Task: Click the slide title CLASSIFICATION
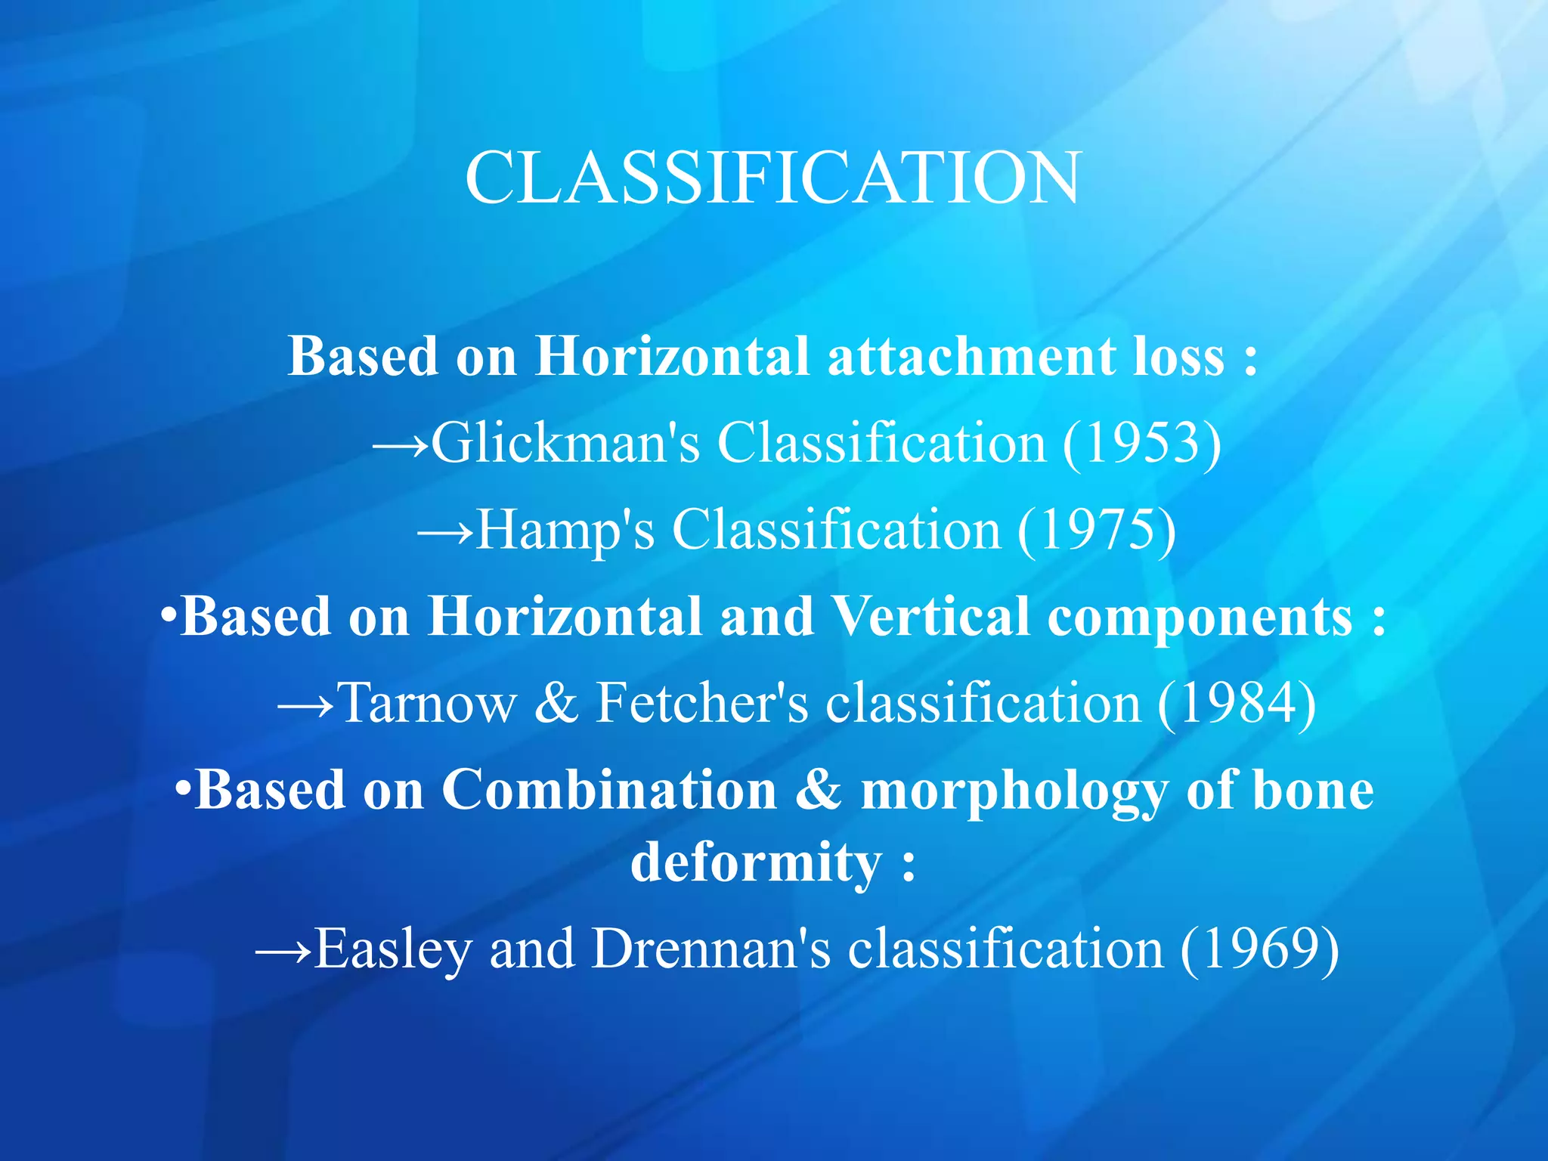tap(772, 178)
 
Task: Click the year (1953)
tap(1142, 443)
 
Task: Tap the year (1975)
tap(1097, 530)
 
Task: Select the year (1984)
tap(1237, 703)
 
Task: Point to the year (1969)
tap(1259, 949)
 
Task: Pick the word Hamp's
tap(565, 530)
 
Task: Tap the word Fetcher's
tap(702, 703)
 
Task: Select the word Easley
tap(394, 949)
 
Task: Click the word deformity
tap(756, 862)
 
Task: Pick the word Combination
tap(609, 790)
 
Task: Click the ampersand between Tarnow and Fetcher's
tap(556, 703)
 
